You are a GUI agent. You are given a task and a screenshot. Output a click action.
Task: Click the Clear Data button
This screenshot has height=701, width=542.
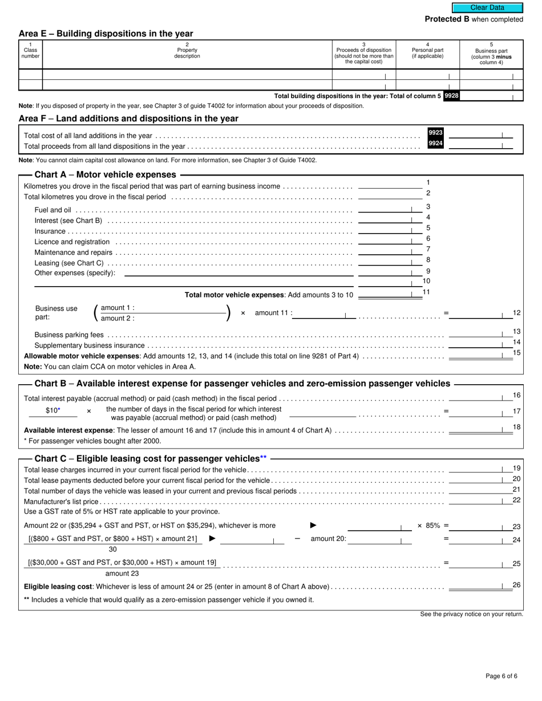(487, 7)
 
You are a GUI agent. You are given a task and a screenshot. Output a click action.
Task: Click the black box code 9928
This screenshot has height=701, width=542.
(451, 96)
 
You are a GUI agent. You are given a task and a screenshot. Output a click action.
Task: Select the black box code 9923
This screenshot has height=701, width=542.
(435, 133)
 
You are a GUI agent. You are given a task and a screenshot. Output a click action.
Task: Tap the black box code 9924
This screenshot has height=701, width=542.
(435, 144)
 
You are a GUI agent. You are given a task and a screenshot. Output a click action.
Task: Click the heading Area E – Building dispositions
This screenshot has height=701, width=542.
(106, 34)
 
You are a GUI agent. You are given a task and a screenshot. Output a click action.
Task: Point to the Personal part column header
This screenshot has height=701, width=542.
(427, 53)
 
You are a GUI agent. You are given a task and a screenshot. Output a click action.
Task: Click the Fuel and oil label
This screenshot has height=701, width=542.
(52, 210)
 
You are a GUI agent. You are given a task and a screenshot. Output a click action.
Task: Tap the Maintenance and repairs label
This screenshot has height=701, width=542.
(73, 252)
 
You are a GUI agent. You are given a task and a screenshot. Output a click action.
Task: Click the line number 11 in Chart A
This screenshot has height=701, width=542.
(426, 292)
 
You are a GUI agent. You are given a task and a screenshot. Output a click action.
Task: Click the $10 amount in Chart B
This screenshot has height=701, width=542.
(52, 410)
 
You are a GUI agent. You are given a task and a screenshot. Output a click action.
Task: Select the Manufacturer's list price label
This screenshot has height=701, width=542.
(61, 502)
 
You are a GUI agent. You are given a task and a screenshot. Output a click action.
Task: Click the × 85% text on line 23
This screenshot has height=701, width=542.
(428, 525)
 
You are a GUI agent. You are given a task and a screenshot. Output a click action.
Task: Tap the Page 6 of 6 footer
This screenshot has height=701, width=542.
(501, 676)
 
